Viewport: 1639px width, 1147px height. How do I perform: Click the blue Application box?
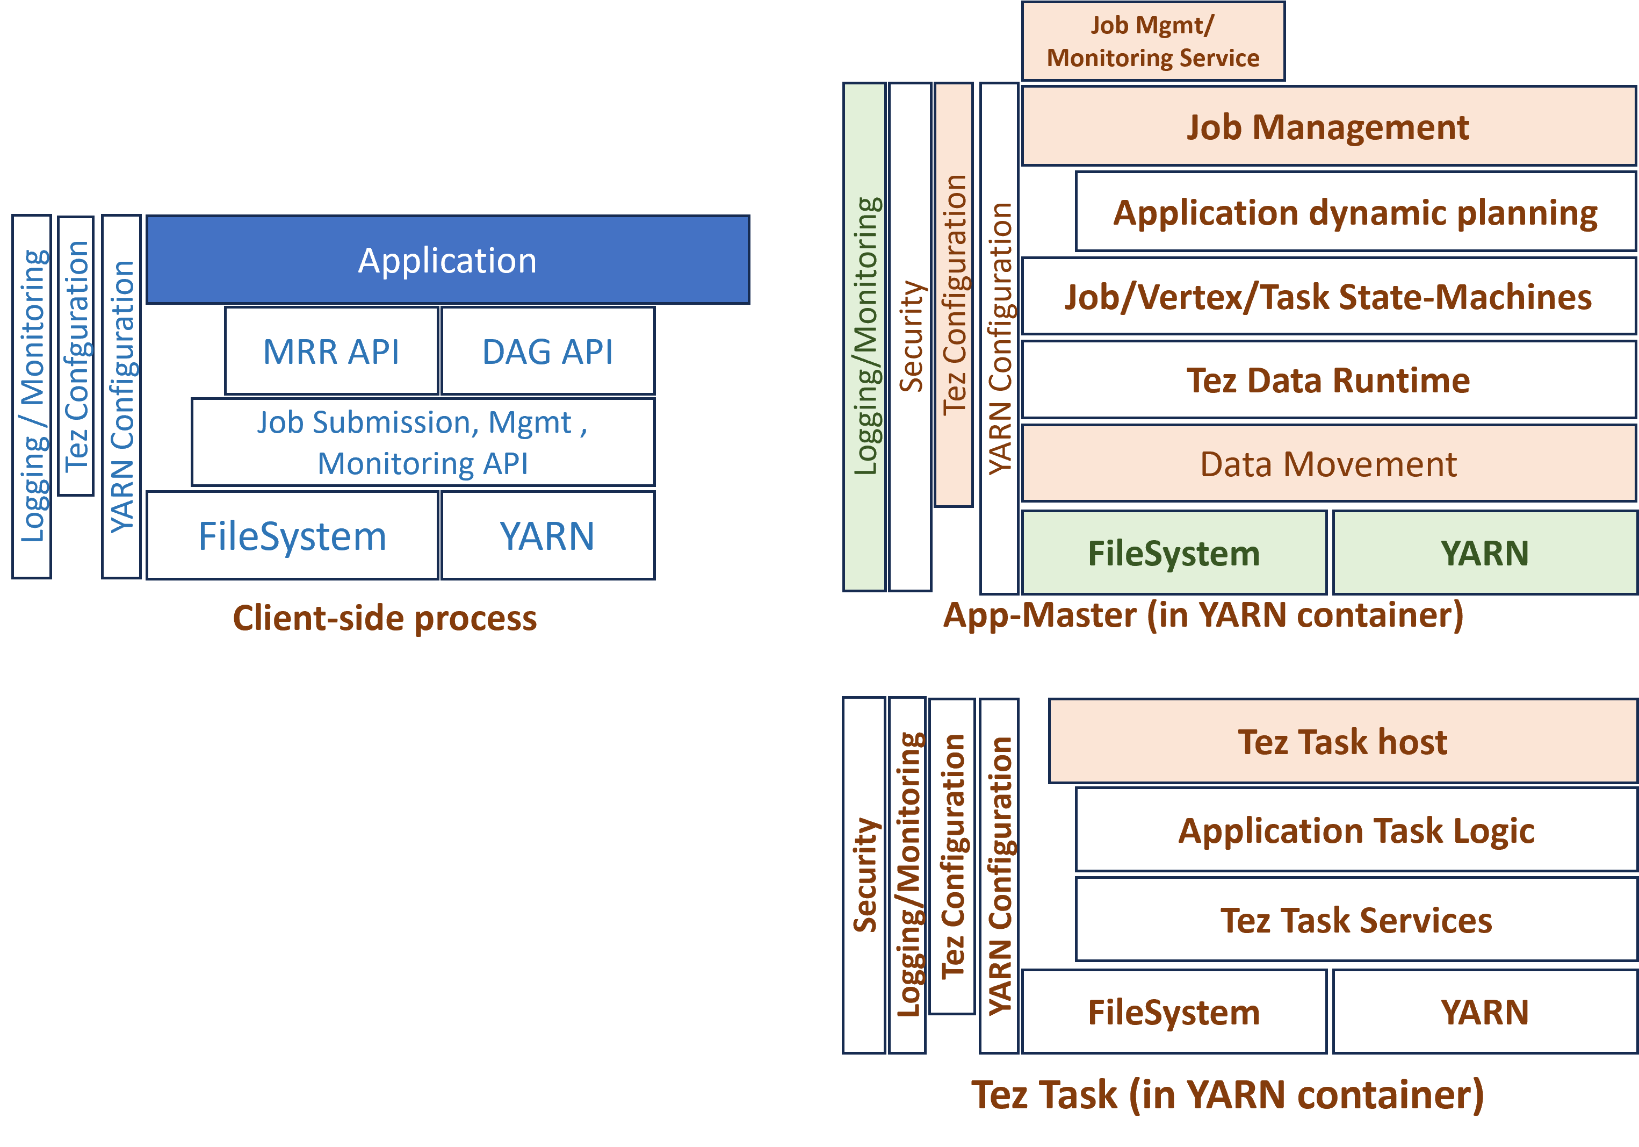pos(447,260)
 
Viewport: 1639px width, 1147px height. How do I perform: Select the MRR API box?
pos(331,352)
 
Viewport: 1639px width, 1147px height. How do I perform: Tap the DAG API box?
pos(547,352)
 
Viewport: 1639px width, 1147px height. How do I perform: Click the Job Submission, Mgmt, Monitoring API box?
pos(423,442)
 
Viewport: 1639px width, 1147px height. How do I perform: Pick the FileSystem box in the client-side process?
pos(292,536)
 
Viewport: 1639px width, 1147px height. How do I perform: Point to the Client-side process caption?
pos(385,618)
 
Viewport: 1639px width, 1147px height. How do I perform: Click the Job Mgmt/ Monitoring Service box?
pos(1153,41)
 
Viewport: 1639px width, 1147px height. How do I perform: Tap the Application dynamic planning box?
pos(1355,212)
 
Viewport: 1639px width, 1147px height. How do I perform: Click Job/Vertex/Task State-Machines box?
pos(1328,296)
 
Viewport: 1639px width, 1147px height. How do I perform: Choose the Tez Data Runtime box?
pos(1328,380)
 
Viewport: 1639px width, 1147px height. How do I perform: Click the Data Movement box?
pos(1328,464)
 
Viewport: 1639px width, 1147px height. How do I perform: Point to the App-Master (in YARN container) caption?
pos(1203,615)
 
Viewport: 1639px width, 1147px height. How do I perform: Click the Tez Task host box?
pos(1342,741)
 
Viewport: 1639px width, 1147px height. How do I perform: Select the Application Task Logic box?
pos(1355,830)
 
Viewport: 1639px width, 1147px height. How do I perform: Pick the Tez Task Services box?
pos(1355,920)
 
